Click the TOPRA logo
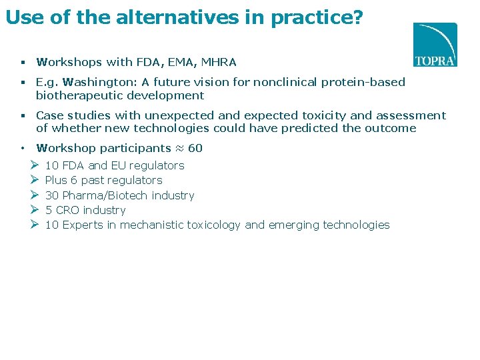435,45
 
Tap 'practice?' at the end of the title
317,18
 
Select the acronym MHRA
218,62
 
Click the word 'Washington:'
95,83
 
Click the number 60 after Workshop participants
195,148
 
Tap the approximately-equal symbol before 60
179,148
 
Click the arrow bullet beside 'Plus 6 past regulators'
35,180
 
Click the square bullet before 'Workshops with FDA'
22,63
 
